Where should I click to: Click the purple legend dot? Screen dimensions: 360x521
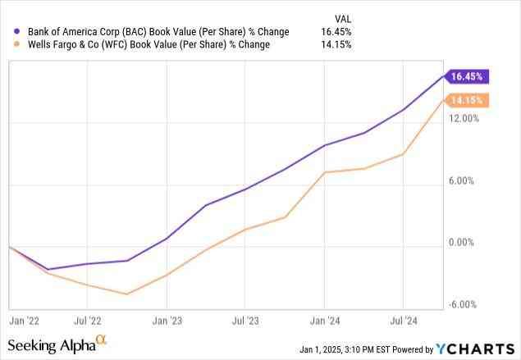pyautogui.click(x=16, y=31)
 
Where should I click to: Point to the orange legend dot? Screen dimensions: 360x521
pyautogui.click(x=16, y=44)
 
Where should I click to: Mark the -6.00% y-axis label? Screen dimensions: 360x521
pyautogui.click(x=464, y=305)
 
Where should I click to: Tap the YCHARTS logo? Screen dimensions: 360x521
pyautogui.click(x=472, y=348)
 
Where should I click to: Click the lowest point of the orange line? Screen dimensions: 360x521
pyautogui.click(x=127, y=294)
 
